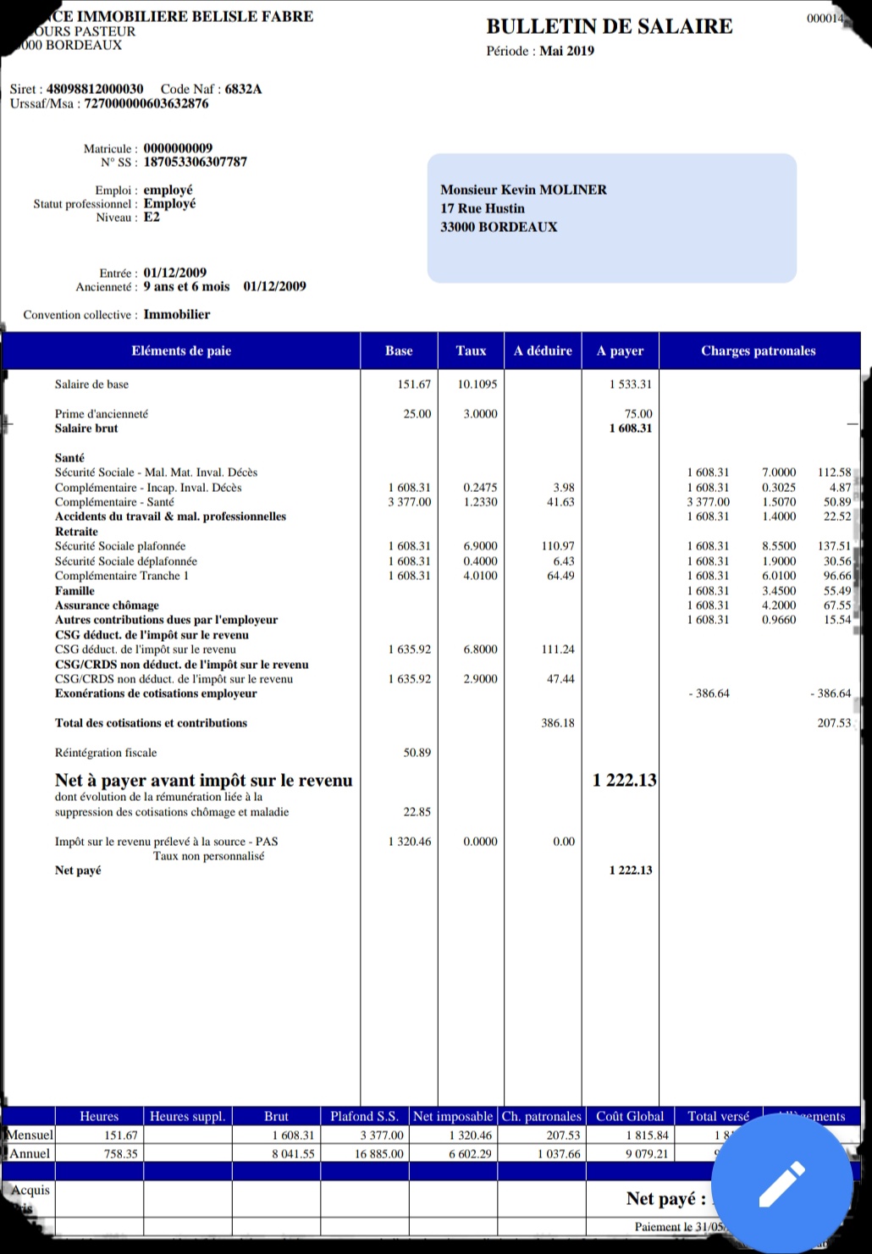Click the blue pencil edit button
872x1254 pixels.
(x=781, y=1184)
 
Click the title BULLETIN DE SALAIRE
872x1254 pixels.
(x=609, y=26)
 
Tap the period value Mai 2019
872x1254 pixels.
(x=566, y=51)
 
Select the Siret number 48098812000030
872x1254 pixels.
(x=95, y=89)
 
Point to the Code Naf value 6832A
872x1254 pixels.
(x=243, y=89)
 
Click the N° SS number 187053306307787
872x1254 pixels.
(x=195, y=162)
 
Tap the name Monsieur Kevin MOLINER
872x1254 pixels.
(x=523, y=190)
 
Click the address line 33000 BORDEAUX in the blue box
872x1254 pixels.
(x=499, y=227)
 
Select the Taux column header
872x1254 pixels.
(x=471, y=351)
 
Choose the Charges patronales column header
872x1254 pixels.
(x=758, y=351)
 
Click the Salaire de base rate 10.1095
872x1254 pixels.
(x=477, y=384)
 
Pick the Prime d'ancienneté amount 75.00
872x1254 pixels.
(x=637, y=414)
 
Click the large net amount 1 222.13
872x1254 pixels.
(x=624, y=780)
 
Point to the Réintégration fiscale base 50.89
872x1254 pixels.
(x=417, y=753)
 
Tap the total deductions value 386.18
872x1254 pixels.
(x=557, y=723)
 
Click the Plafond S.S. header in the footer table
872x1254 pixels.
(x=364, y=1116)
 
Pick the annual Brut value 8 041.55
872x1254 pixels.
(x=293, y=1153)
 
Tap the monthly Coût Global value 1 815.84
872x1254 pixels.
(x=647, y=1135)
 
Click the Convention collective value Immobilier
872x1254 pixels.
(x=176, y=314)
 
